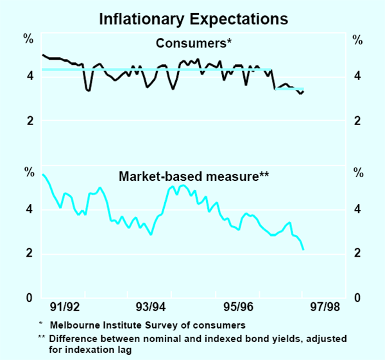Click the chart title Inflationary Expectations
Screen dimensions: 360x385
pyautogui.click(x=193, y=19)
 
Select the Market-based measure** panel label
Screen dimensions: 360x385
pyautogui.click(x=193, y=175)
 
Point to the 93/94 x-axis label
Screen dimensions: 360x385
pyautogui.click(x=152, y=307)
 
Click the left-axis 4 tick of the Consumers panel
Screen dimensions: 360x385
pyautogui.click(x=30, y=76)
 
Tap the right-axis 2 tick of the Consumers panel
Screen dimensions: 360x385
pyautogui.click(x=357, y=121)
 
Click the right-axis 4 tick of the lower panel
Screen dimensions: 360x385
pyautogui.click(x=357, y=209)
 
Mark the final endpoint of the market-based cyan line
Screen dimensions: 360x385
pyautogui.click(x=303, y=249)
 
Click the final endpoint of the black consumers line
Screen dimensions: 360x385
pyautogui.click(x=304, y=92)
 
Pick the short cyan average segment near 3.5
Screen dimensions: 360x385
pyautogui.click(x=289, y=89)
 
